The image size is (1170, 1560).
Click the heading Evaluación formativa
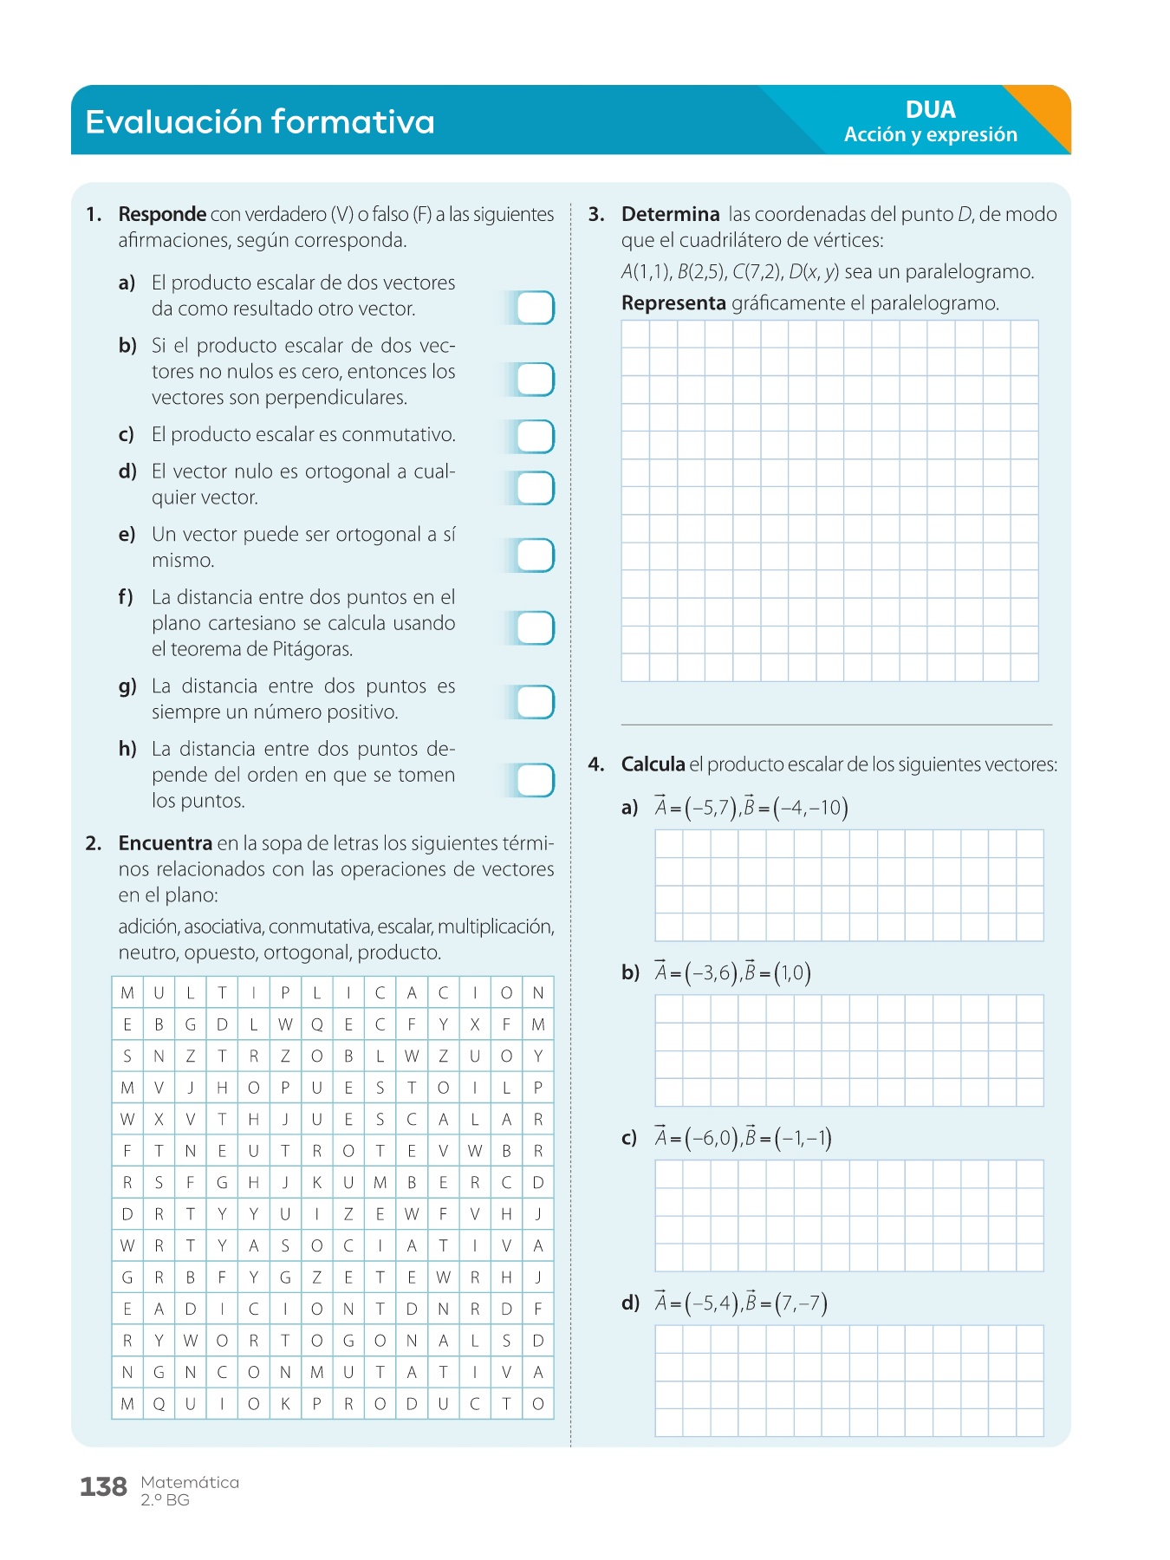click(x=260, y=122)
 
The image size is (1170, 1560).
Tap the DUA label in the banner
click(x=930, y=110)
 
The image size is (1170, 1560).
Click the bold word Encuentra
click(x=166, y=843)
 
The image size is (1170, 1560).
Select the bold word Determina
click(x=670, y=214)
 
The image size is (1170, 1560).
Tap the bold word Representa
click(x=673, y=303)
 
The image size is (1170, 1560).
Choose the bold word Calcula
click(x=653, y=764)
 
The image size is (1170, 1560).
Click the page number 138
click(x=103, y=1487)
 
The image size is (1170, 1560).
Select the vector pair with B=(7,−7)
click(x=741, y=1303)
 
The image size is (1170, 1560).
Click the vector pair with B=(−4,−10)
click(x=751, y=808)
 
